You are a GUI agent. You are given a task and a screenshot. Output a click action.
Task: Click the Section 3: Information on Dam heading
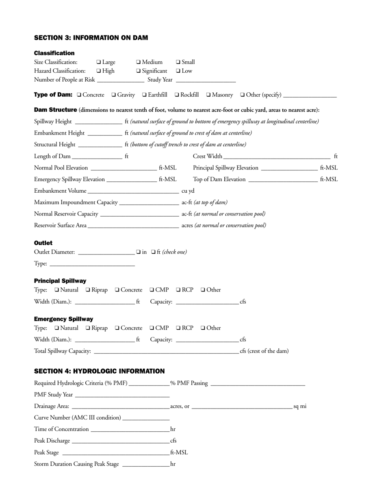pos(91,38)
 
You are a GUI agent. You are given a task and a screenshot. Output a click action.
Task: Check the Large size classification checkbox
pos(99,62)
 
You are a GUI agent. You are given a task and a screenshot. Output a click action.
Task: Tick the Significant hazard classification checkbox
pos(139,71)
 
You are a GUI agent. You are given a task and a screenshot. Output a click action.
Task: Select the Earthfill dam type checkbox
pos(145,95)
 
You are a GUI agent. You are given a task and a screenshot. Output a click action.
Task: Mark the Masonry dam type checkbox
pos(208,95)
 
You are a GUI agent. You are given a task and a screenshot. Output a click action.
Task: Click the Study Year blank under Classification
pos(206,80)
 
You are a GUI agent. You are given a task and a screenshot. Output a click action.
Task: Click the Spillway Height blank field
pos(99,122)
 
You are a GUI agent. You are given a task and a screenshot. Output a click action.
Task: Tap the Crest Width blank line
pos(277,156)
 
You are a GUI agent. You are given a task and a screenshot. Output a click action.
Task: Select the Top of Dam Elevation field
pos(282,179)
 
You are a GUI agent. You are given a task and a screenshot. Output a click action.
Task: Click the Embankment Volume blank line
pos(133,191)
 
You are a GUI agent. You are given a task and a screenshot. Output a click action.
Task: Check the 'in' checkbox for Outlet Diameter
pos(139,252)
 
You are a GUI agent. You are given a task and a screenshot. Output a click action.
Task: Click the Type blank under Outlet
pos(92,264)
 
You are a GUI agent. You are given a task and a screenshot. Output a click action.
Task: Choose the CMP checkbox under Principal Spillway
pos(152,290)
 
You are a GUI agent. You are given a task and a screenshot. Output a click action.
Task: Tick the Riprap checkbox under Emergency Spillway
pos(88,328)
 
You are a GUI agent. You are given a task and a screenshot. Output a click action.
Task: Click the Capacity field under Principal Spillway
pos(207,302)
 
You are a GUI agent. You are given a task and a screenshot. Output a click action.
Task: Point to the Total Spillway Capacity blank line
pos(166,351)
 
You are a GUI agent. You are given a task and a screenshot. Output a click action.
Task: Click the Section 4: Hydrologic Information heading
pos(100,371)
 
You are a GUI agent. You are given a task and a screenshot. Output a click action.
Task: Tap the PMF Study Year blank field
pos(122,395)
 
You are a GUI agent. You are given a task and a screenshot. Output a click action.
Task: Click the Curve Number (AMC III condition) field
pos(146,418)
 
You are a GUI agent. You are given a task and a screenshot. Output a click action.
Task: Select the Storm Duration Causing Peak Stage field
pos(146,464)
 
